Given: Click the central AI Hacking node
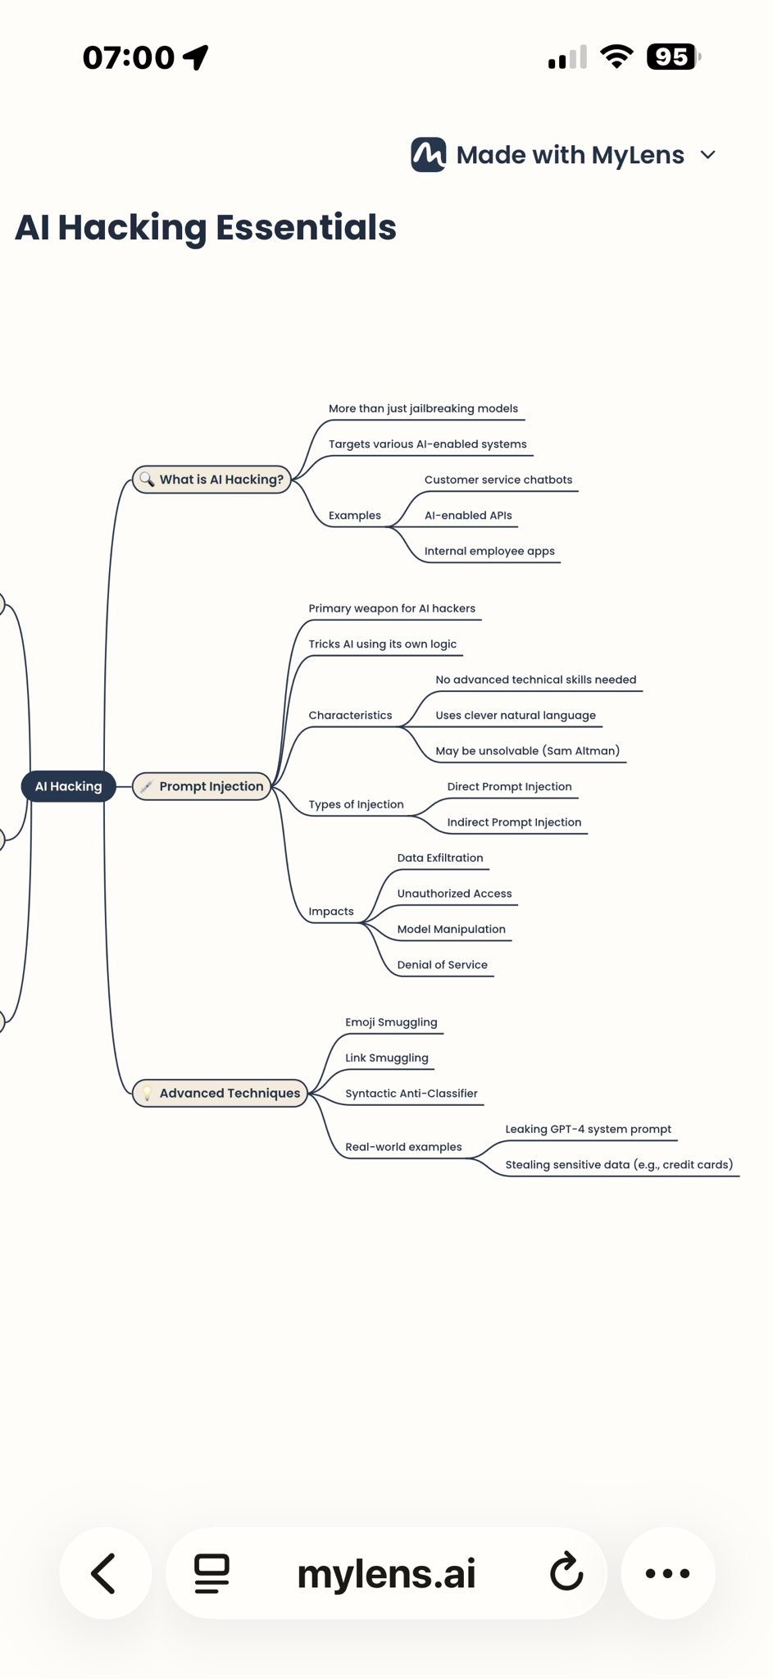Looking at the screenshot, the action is pos(69,786).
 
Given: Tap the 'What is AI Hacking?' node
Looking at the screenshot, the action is pos(211,480).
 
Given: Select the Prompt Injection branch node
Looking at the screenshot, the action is pos(202,786).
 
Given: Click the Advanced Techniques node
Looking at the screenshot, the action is pos(220,1093).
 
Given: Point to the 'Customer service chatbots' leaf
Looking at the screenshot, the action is pos(498,480).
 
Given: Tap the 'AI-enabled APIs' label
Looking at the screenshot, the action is pos(468,516).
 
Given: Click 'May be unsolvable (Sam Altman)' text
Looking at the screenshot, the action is pos(528,751).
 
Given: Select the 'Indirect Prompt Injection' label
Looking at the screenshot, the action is pos(514,822).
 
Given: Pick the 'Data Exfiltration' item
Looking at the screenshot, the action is pos(440,858).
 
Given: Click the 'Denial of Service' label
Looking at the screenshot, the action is pos(443,965).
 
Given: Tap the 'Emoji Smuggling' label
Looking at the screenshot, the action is pos(391,1022).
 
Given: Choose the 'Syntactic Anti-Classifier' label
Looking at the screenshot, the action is pos(412,1094).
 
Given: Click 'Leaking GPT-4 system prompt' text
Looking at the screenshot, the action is pos(589,1129).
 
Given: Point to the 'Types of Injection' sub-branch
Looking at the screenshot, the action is pos(356,804).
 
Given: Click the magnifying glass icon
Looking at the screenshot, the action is pos(147,480).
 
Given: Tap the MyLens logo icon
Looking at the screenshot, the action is pos(429,154).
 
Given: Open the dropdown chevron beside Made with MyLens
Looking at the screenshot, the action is pos(708,154).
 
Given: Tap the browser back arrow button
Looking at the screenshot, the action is pos(104,1573).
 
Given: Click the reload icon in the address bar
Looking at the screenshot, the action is pos(566,1572).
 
